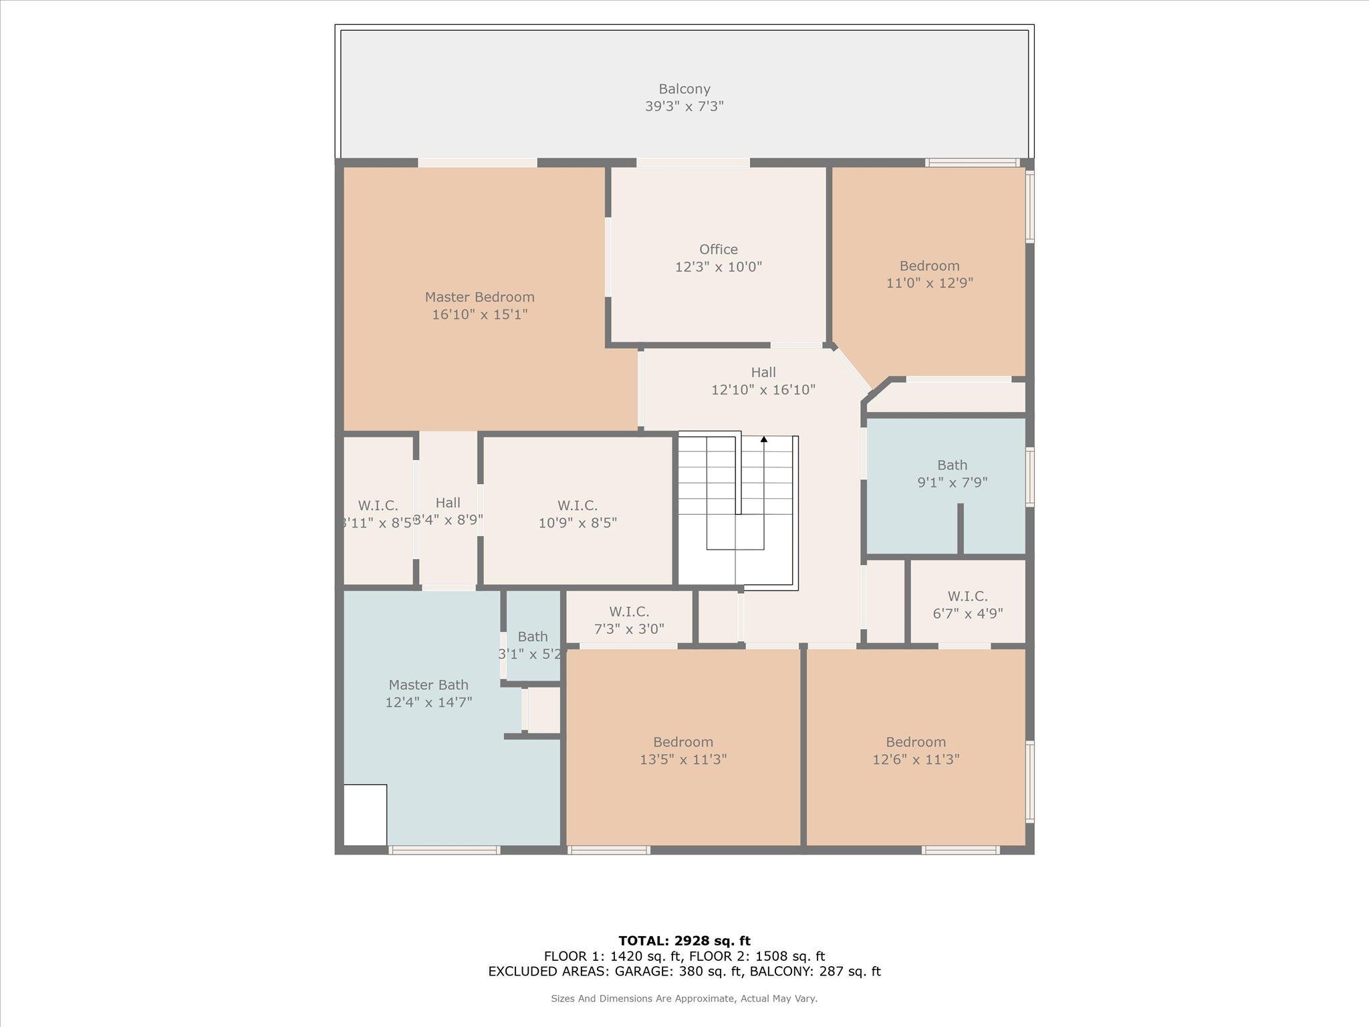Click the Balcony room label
684,89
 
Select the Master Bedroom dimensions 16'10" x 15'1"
479,314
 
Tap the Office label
719,249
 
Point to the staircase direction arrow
764,440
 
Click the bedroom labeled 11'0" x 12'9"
929,274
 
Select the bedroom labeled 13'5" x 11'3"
683,750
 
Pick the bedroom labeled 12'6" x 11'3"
916,750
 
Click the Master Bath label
428,685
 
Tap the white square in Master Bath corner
365,814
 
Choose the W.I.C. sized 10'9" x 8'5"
578,514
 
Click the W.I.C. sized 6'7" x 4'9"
967,604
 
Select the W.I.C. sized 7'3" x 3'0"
629,620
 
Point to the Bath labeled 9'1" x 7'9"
952,473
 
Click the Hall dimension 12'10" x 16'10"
763,390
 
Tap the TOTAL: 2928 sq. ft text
684,941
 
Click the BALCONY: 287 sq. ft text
815,972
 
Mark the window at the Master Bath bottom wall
444,850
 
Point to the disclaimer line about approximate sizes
684,999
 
